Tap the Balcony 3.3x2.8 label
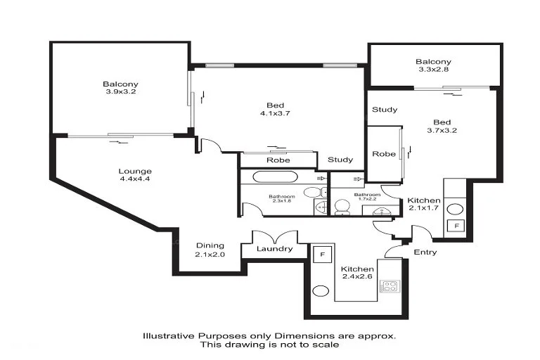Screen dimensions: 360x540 point(432,66)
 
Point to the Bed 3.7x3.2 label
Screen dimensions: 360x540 point(442,125)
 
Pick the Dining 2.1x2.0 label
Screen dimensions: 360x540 point(210,250)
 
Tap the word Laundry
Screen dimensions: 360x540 point(275,249)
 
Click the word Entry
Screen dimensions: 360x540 point(425,252)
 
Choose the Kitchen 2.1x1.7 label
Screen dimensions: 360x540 point(424,205)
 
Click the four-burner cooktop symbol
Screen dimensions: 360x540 point(389,286)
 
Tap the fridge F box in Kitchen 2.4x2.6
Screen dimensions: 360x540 point(323,254)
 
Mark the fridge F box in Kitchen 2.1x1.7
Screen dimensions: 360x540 point(455,226)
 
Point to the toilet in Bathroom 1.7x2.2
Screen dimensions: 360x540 point(342,207)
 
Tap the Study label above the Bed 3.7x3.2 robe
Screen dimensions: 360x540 point(385,110)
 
